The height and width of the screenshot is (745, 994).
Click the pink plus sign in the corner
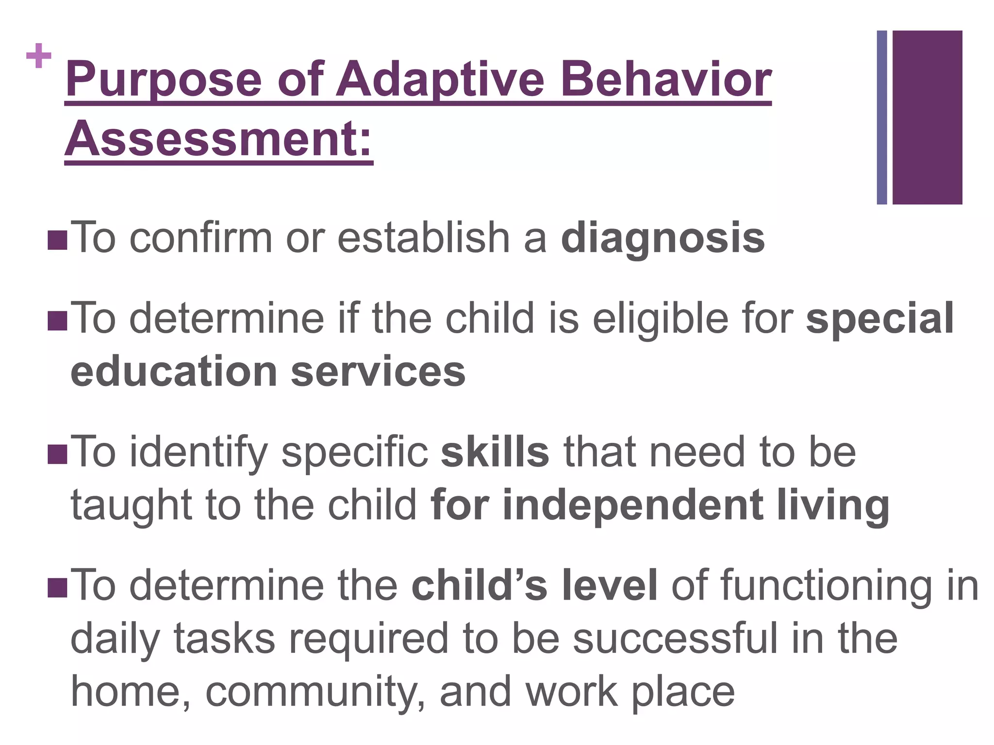[x=39, y=56]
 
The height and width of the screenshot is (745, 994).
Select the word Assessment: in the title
[x=219, y=138]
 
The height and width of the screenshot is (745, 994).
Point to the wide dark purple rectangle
[x=927, y=117]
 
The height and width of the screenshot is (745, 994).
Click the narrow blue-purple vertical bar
[x=882, y=117]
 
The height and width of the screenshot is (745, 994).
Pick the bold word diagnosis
[x=663, y=238]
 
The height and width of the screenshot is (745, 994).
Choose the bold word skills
[x=495, y=452]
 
